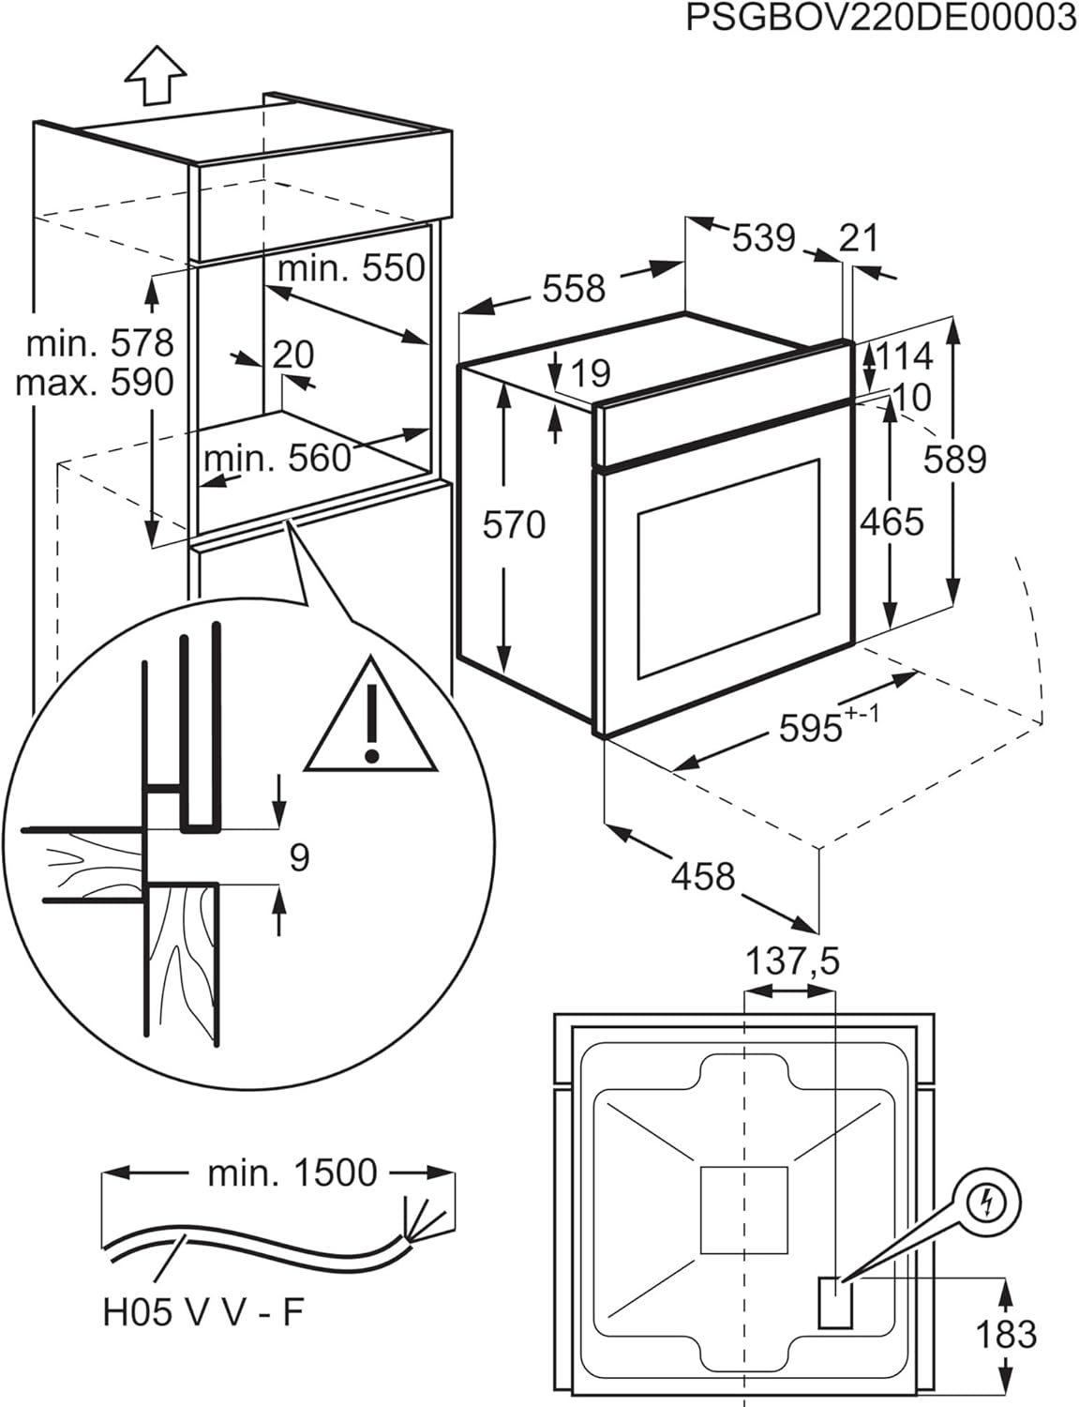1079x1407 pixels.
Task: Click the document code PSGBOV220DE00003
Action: pos(880,18)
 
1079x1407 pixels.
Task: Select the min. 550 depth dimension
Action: pos(352,268)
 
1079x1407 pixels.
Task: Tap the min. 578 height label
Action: pos(99,343)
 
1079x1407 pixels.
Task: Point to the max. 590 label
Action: pos(95,383)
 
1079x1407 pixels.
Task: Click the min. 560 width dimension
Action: pos(277,459)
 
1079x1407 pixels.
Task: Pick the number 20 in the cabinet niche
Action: pos(293,355)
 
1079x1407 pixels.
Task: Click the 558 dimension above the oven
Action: pos(574,288)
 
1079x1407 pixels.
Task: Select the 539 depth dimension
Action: pos(763,237)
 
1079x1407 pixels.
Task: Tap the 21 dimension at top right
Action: pos(859,237)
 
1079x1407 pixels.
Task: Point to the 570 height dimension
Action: pos(514,524)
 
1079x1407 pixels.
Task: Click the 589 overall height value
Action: pos(954,460)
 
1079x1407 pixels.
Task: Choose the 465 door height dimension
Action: pos(892,522)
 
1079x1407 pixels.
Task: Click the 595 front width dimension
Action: pos(812,727)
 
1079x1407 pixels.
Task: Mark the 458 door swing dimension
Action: pos(703,876)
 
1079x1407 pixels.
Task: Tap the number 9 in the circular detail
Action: pos(299,856)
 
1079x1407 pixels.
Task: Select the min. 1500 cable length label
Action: pos(292,1172)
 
